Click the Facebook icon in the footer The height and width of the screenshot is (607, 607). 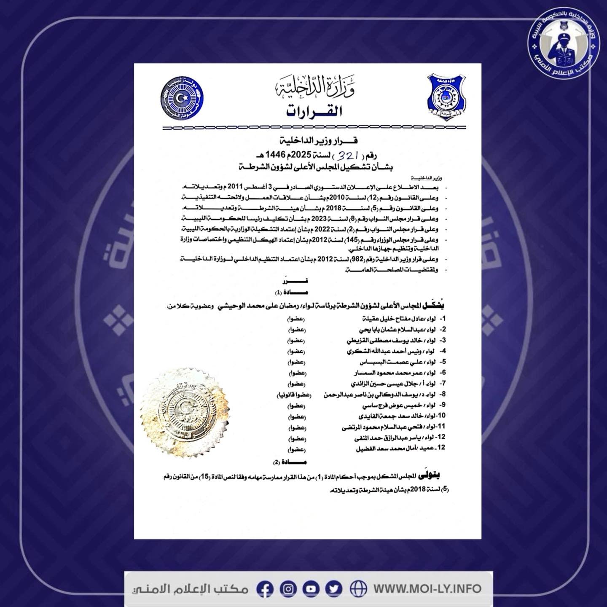click(266, 588)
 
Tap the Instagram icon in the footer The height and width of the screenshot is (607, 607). click(288, 588)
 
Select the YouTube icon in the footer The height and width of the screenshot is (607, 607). click(311, 588)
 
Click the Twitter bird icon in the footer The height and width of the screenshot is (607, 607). click(334, 588)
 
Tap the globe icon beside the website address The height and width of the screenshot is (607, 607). click(358, 588)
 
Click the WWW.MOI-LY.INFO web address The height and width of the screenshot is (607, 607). click(427, 588)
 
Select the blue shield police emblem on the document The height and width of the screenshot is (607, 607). click(446, 96)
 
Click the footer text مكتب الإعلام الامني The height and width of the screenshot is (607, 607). click(190, 588)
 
